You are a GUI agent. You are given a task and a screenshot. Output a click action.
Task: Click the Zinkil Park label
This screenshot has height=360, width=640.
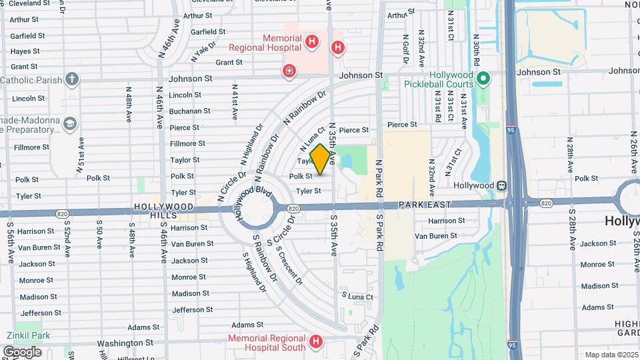(x=24, y=335)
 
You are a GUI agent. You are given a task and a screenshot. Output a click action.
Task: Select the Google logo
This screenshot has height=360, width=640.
(x=22, y=351)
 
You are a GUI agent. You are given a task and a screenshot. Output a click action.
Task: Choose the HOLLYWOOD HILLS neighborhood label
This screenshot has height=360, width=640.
(x=163, y=211)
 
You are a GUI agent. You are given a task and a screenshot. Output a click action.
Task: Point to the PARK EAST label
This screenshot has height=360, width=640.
(x=425, y=204)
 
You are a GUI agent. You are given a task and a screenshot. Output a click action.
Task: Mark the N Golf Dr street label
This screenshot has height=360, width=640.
(x=405, y=47)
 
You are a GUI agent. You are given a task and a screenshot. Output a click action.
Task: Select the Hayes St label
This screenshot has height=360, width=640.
(x=25, y=51)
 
